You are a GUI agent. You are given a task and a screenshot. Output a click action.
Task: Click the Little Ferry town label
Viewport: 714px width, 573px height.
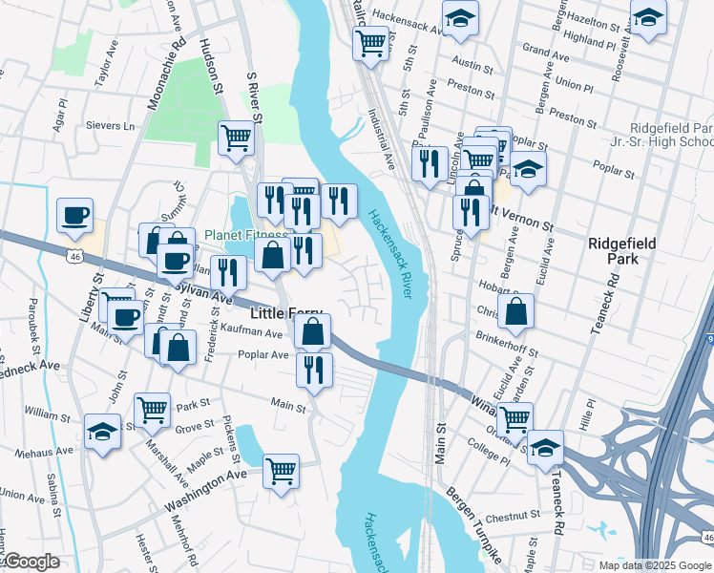[286, 312]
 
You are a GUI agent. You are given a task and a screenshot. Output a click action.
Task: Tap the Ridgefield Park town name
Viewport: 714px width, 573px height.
[621, 253]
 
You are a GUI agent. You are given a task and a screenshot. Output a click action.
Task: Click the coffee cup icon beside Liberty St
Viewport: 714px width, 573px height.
[74, 216]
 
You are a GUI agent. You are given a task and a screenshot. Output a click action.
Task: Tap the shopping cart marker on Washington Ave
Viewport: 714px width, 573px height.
[281, 470]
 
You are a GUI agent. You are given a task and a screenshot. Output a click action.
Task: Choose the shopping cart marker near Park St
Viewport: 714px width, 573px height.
[153, 410]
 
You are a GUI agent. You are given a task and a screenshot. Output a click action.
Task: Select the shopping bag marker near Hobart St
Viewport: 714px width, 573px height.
[515, 310]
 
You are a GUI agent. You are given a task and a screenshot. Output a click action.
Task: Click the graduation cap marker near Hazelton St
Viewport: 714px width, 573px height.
[648, 18]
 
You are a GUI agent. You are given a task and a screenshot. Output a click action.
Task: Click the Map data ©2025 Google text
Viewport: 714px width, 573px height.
[655, 565]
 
